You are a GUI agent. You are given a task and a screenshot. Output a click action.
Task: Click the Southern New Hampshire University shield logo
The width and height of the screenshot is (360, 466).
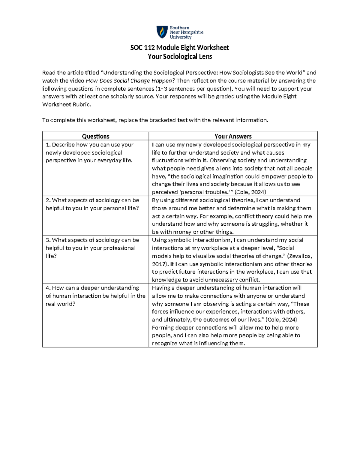[x=162, y=32]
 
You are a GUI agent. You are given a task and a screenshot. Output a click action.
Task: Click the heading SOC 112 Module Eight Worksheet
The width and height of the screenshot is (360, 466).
[x=179, y=48]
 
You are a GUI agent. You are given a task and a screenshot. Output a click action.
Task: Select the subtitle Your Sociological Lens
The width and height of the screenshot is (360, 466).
[x=180, y=56]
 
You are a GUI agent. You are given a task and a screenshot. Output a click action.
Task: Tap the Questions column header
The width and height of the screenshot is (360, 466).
[x=95, y=136]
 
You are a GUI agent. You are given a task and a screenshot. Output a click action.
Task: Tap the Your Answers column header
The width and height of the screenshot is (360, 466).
[x=233, y=136]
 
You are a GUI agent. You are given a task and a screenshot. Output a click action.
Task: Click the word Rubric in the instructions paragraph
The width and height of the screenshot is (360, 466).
[x=80, y=104]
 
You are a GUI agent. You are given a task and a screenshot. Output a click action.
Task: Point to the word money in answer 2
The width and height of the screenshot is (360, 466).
[x=183, y=232]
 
